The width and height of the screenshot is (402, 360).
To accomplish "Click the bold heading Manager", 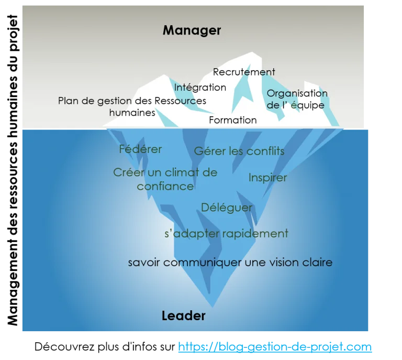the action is click(x=192, y=30).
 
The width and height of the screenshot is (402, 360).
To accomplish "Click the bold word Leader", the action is click(x=184, y=315).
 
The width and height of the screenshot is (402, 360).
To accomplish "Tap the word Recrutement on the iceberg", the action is click(x=244, y=72).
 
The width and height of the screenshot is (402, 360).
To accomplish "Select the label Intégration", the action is click(x=200, y=88).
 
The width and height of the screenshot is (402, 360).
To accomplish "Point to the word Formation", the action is click(x=233, y=120).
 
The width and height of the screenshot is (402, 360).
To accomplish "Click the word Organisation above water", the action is click(x=297, y=93).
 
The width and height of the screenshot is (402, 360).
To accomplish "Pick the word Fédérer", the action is click(x=140, y=149).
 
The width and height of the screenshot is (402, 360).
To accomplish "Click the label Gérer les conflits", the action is click(x=239, y=151).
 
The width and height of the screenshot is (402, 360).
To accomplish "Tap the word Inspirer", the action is click(x=267, y=178).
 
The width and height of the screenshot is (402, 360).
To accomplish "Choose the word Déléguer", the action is click(x=227, y=208).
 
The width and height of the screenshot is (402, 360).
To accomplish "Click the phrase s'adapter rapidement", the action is click(x=226, y=234).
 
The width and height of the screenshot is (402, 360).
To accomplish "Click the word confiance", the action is click(x=165, y=187).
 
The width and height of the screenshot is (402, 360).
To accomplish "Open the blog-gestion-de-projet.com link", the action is click(x=275, y=347).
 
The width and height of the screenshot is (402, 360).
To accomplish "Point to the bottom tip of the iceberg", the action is click(x=213, y=307).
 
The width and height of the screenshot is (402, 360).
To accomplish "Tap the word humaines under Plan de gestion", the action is click(x=132, y=113).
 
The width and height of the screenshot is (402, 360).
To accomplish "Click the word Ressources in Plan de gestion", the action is click(x=180, y=101).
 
